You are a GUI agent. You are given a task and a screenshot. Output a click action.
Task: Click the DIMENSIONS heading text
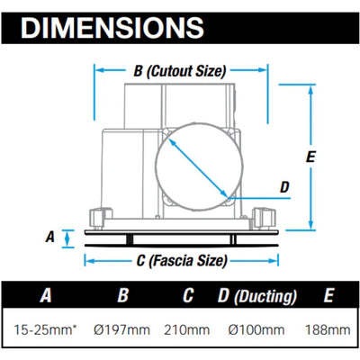click(112, 28)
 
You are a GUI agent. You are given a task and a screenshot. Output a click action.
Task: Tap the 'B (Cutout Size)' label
click(179, 71)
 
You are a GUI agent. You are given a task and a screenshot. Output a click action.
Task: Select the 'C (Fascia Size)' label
click(182, 261)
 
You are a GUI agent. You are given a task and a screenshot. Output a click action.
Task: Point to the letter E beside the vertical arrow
click(310, 157)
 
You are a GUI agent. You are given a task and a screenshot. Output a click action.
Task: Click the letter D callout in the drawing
click(284, 187)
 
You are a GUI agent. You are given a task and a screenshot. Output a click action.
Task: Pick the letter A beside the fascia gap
click(50, 237)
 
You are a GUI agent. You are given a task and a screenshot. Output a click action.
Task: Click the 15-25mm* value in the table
click(45, 330)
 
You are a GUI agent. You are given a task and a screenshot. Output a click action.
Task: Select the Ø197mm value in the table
click(121, 330)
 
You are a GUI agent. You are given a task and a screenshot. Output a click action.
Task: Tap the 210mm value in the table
click(186, 330)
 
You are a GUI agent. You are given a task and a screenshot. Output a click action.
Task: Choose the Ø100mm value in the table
click(256, 330)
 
